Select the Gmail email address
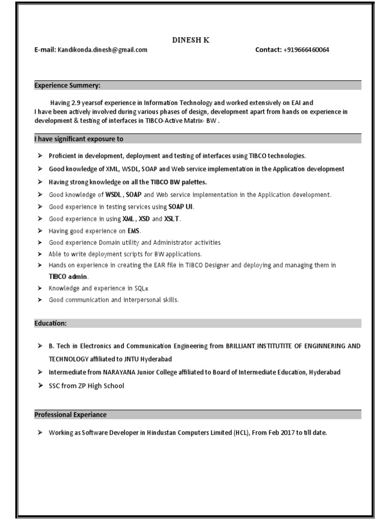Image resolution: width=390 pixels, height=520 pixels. click(103, 50)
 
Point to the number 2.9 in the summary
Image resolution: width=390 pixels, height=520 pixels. click(77, 103)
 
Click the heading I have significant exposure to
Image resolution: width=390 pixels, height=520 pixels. click(79, 139)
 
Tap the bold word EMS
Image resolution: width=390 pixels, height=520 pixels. click(134, 231)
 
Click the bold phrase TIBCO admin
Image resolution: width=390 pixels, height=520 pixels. click(69, 277)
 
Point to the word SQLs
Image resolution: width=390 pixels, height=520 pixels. click(142, 288)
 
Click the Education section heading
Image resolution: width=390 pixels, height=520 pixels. click(50, 323)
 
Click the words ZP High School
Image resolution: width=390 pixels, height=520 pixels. click(101, 386)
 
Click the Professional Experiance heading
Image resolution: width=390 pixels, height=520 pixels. click(71, 415)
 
